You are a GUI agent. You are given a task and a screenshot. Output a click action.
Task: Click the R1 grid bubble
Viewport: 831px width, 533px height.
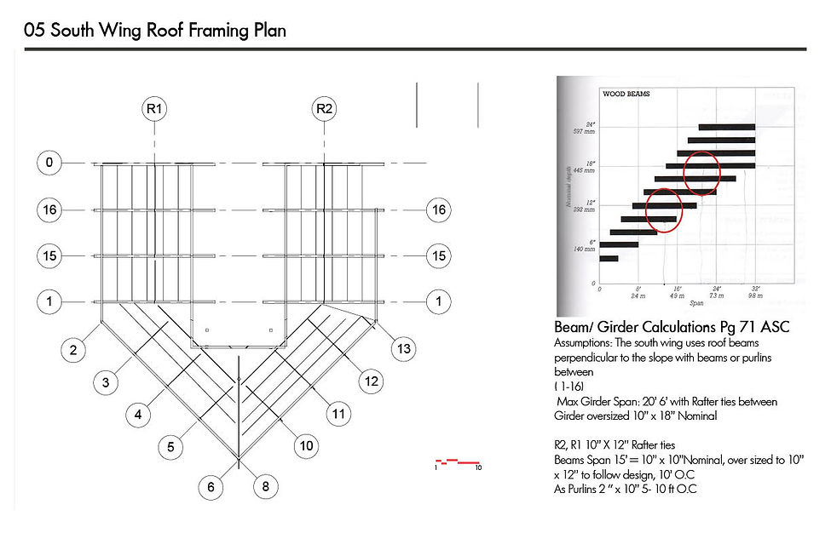(155, 109)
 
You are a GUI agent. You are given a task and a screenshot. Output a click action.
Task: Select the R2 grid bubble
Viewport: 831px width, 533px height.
(325, 109)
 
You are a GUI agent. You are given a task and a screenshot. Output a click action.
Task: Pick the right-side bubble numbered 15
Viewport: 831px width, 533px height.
(438, 255)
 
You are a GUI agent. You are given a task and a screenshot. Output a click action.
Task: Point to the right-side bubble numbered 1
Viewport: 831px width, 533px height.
(438, 301)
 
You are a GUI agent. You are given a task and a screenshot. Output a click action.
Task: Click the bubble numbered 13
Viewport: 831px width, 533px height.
(402, 348)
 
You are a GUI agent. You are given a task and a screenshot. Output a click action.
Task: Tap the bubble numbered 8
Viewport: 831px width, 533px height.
(266, 487)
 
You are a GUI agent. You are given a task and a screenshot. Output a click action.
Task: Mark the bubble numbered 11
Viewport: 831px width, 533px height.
(339, 415)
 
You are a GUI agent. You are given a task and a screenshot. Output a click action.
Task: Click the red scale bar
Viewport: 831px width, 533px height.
(458, 462)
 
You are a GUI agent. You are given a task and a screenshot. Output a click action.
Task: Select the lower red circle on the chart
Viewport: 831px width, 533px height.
(664, 211)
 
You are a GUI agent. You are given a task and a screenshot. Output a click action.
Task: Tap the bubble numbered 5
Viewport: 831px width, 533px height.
(170, 446)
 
